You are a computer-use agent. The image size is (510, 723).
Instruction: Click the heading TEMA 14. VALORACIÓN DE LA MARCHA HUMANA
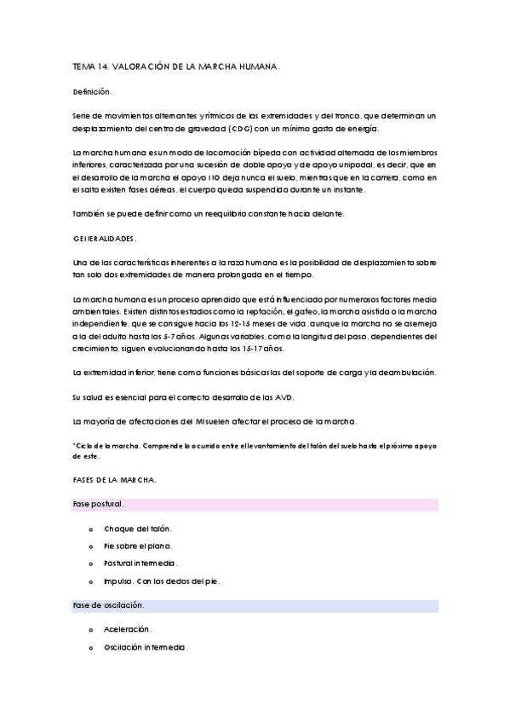coord(176,65)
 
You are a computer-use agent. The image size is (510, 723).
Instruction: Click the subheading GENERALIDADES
coord(105,239)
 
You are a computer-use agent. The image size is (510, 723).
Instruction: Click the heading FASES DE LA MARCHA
coord(114,481)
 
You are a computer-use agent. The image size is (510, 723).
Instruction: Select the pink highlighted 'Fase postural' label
coord(99,505)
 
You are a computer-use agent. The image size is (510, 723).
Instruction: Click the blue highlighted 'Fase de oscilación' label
coord(108,605)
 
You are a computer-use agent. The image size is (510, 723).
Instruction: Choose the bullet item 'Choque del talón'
coord(138,529)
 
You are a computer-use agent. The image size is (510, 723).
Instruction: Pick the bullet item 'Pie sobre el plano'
coord(138,547)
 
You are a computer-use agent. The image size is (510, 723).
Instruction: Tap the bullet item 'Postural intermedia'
coord(140,564)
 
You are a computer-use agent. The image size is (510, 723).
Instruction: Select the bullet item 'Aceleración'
coord(127,629)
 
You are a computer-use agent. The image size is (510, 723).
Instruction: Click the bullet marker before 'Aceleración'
coord(90,629)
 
